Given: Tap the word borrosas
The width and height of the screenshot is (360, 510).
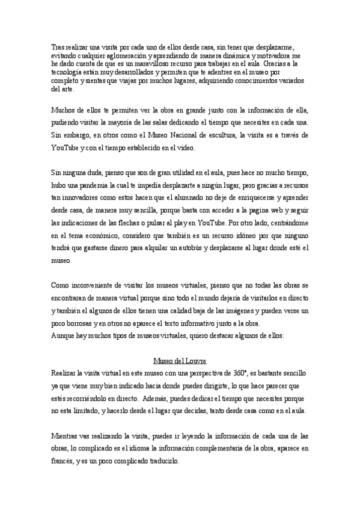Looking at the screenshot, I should click(79, 322).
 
